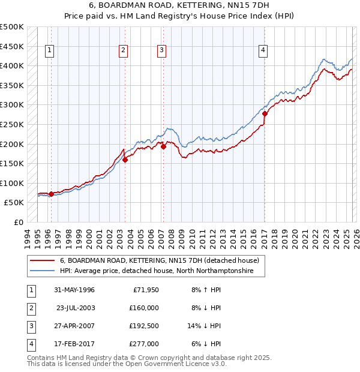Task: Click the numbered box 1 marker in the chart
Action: pos(49,51)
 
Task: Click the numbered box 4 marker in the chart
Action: pos(263,51)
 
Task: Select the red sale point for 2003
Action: pos(125,160)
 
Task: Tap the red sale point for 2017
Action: pos(265,113)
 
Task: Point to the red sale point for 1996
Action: pos(51,194)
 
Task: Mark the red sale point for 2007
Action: pos(163,146)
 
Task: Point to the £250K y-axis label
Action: pos(12,124)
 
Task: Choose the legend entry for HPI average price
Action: pos(157,271)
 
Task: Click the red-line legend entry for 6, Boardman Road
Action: pos(159,261)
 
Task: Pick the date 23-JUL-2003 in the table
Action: pos(74,308)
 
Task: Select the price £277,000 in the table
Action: pos(144,344)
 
